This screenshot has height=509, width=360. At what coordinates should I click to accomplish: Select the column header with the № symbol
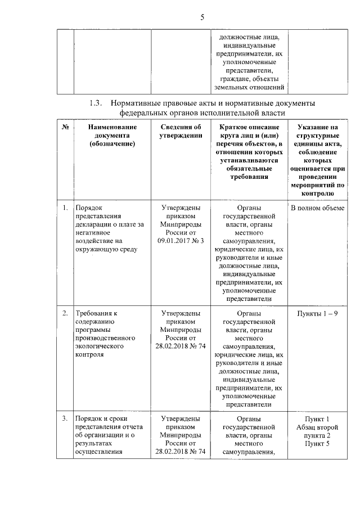pyautogui.click(x=65, y=128)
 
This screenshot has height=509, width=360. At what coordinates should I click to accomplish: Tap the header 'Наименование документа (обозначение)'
pyautogui.click(x=111, y=136)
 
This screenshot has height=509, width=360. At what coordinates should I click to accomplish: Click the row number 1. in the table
pyautogui.click(x=65, y=208)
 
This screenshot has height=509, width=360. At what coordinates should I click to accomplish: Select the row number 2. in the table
pyautogui.click(x=65, y=313)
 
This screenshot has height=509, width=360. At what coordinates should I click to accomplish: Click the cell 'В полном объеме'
pyautogui.click(x=318, y=208)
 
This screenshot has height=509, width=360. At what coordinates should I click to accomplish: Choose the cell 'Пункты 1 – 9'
pyautogui.click(x=318, y=313)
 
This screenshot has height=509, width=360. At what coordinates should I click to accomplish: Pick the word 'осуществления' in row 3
pyautogui.click(x=98, y=452)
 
